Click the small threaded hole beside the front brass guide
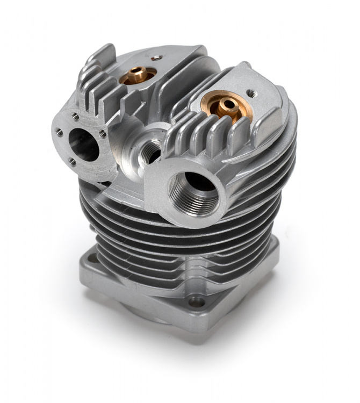[x=250, y=93]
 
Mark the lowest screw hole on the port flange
[x=72, y=161]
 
